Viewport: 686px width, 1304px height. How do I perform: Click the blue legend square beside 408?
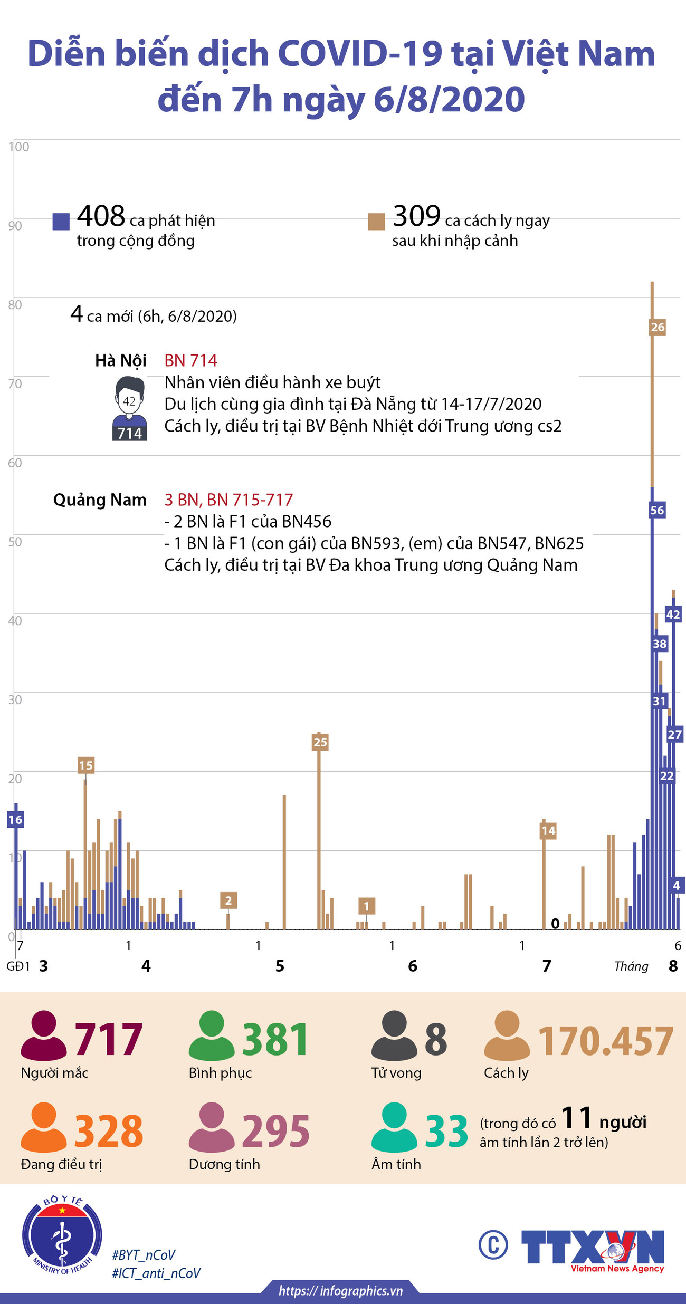[61, 222]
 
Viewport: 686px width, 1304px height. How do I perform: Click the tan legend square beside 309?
[376, 222]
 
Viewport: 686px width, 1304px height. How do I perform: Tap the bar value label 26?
[657, 327]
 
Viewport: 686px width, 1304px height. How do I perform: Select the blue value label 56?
[657, 510]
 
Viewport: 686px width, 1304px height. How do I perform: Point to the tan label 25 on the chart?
[320, 742]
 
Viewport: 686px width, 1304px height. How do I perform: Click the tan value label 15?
[86, 765]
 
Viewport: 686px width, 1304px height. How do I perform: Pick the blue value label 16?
[15, 820]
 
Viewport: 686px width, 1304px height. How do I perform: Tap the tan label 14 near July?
[548, 831]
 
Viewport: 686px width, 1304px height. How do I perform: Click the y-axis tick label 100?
[19, 147]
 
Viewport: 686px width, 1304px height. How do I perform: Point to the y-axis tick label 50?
[15, 542]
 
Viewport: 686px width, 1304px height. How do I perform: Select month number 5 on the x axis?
[280, 966]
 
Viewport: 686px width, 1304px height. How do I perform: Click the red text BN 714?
[190, 360]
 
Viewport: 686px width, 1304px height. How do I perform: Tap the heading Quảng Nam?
[100, 500]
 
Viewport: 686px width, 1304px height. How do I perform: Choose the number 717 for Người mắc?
[108, 1040]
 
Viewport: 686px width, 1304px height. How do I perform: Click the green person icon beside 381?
[212, 1035]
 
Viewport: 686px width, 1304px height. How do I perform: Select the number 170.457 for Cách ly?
[605, 1041]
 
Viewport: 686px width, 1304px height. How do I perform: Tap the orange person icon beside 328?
[44, 1127]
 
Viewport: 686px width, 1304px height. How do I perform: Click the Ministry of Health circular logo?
[62, 1236]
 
